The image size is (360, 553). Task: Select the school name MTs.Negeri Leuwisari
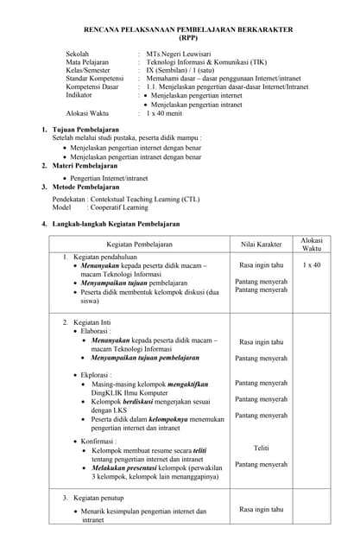[x=182, y=54]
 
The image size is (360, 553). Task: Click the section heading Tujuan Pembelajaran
[x=85, y=130]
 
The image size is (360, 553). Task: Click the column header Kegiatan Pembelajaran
[x=140, y=245]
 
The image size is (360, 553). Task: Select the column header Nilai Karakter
[x=261, y=245]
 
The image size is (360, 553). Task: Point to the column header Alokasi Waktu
[x=312, y=245]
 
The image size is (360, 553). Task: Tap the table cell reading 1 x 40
[x=312, y=265]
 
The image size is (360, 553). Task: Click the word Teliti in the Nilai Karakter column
[x=261, y=448]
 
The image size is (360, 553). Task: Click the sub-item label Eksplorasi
[x=98, y=375]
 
